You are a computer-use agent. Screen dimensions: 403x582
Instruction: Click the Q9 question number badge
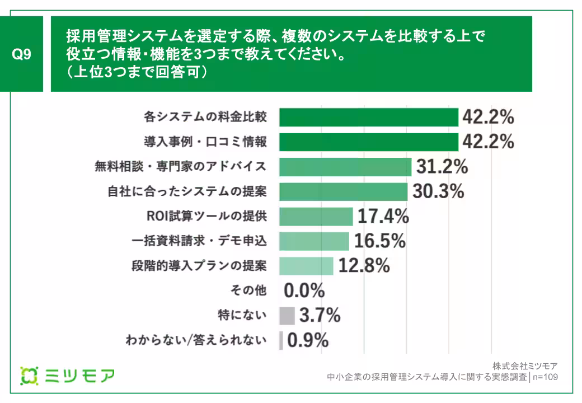click(x=22, y=54)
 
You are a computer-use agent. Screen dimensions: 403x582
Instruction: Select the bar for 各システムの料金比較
click(x=368, y=118)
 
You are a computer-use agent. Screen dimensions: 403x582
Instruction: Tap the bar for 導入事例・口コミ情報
click(x=368, y=142)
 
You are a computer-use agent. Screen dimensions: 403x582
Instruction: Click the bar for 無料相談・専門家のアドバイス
click(x=345, y=167)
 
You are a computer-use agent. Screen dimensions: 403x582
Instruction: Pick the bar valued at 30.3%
click(x=343, y=191)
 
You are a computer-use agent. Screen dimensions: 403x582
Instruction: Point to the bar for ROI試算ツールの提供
click(x=316, y=216)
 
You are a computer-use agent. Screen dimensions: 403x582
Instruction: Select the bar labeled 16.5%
click(x=314, y=241)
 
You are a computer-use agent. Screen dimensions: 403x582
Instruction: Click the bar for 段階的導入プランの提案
click(x=306, y=266)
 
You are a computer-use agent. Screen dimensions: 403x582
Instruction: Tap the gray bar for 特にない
click(x=287, y=316)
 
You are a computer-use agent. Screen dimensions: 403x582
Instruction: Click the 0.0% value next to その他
click(x=304, y=290)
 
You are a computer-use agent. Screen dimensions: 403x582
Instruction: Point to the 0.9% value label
click(x=308, y=340)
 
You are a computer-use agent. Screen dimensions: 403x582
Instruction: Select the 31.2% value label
click(x=442, y=167)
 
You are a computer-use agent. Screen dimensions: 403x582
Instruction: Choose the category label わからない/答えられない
click(x=196, y=340)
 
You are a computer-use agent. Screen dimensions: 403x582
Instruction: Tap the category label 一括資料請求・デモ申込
click(x=199, y=241)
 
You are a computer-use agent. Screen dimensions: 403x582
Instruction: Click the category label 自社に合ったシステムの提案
click(x=187, y=191)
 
